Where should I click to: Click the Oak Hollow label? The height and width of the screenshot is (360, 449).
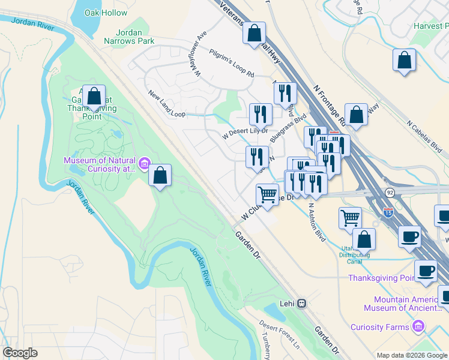(106, 13)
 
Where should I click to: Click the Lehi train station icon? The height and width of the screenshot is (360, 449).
(303, 304)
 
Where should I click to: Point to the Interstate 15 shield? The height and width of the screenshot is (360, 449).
(388, 212)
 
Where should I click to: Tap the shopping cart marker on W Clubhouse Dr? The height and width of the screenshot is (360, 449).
(267, 193)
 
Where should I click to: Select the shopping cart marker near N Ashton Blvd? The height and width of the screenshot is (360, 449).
(350, 217)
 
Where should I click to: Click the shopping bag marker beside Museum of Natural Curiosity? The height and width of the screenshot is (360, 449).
(160, 175)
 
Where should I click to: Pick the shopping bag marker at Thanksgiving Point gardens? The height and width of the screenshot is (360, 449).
(94, 96)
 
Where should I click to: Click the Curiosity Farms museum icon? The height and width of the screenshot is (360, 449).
(418, 327)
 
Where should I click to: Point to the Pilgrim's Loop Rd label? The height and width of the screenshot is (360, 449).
(232, 64)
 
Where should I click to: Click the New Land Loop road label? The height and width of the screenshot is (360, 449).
(167, 103)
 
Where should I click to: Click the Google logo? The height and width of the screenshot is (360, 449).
(20, 353)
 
